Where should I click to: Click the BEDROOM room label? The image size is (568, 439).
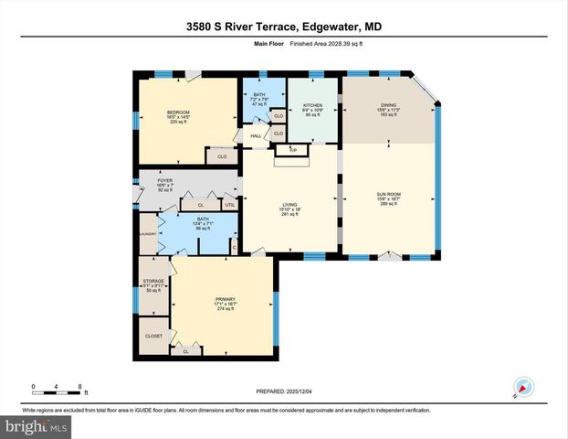click(x=178, y=112)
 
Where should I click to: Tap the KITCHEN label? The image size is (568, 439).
click(x=313, y=105)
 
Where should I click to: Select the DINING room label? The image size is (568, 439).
click(x=388, y=105)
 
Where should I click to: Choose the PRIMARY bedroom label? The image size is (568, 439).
click(x=225, y=299)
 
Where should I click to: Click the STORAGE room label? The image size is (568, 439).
click(x=153, y=281)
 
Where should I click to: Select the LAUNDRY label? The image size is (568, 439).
click(x=149, y=234)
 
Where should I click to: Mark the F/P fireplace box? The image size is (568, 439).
click(x=293, y=149)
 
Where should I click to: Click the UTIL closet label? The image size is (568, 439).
click(x=229, y=204)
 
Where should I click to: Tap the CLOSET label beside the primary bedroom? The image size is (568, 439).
click(x=153, y=336)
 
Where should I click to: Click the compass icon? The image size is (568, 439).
click(x=522, y=387)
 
